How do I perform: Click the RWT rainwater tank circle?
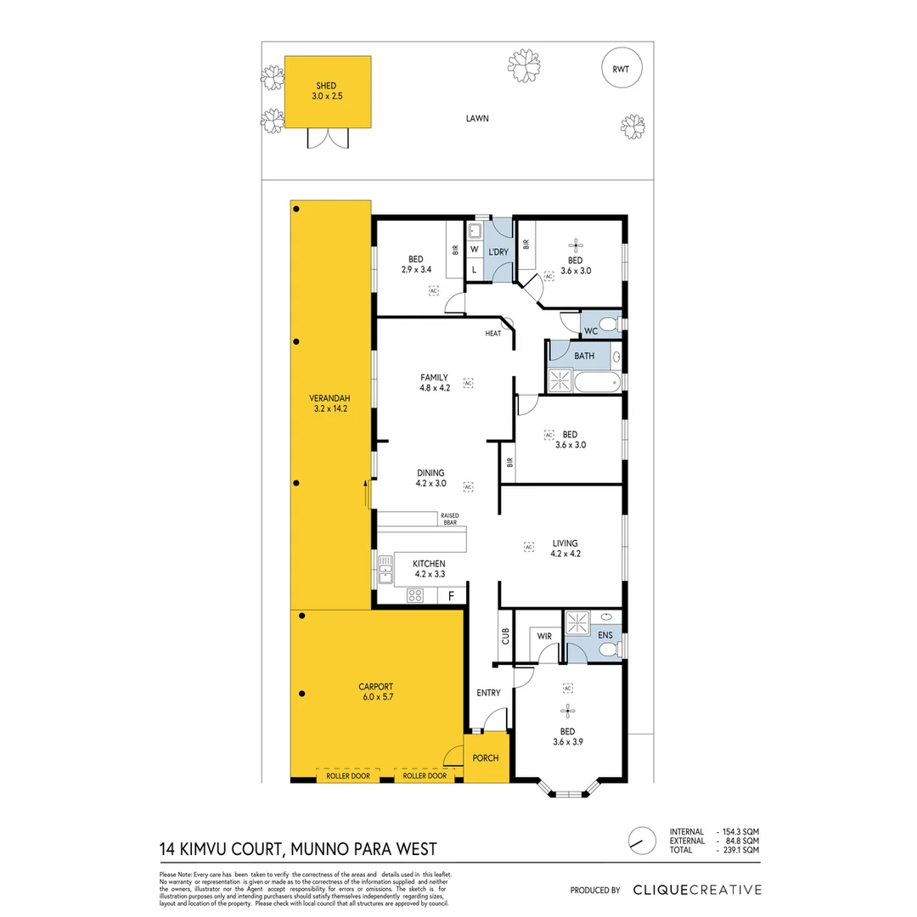(621, 70)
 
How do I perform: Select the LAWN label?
(477, 119)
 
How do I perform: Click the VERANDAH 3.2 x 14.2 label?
(329, 403)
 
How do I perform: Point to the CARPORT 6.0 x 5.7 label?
(375, 691)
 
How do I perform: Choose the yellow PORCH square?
(486, 758)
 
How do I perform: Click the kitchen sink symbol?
(385, 568)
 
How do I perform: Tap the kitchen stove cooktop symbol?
(416, 595)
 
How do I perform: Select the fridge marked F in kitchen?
(451, 596)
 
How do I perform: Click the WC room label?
(591, 330)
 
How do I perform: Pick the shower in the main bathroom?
(561, 380)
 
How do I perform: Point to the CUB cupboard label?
(505, 636)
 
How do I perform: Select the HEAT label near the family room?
(493, 334)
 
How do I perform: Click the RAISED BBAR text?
(449, 519)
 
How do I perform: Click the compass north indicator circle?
(643, 840)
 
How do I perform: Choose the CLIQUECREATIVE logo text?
(697, 890)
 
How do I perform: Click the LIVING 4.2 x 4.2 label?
(565, 548)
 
